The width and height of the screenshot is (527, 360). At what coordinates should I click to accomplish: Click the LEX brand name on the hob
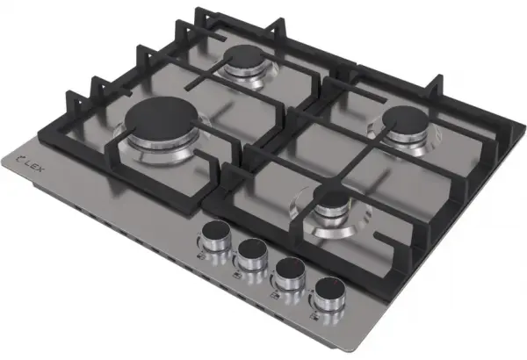point(34,165)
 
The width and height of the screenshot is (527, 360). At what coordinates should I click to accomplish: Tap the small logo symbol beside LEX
point(20,156)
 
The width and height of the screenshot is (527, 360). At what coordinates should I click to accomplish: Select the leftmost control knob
point(214,236)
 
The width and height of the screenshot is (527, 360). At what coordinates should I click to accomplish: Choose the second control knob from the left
point(252,254)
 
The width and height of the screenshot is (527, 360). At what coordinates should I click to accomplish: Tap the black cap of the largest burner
point(162,119)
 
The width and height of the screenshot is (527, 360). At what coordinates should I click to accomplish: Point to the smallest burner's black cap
point(332,197)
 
